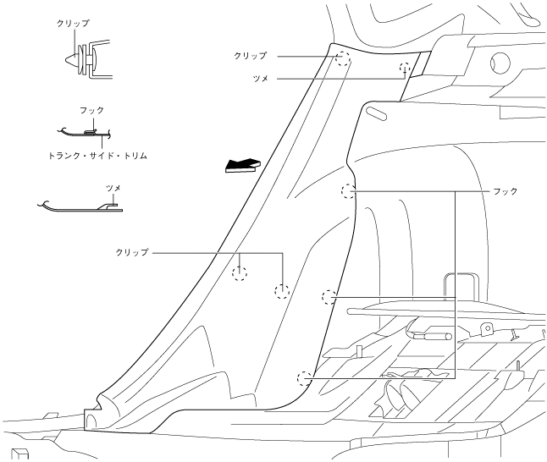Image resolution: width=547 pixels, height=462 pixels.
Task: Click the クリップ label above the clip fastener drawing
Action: point(76,23)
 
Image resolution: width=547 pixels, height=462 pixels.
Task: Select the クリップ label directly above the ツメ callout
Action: point(251,56)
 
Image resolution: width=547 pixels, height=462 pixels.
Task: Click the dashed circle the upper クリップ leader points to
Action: point(342,58)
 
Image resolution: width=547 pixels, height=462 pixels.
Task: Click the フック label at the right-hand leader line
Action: point(506,192)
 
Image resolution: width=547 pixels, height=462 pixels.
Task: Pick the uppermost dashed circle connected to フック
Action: point(346,191)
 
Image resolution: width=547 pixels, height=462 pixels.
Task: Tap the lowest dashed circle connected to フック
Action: point(302,377)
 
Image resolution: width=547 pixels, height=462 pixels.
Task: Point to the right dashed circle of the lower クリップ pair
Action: point(282,292)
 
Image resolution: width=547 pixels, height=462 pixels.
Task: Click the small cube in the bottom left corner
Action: point(19,454)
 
